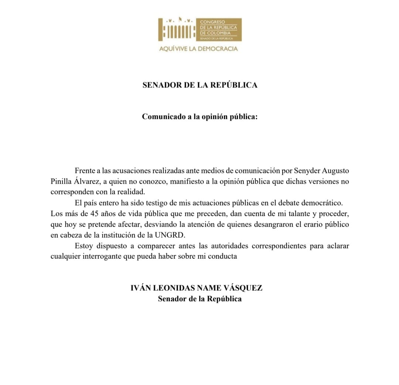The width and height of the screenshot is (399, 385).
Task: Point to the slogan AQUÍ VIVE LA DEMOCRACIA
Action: [198, 49]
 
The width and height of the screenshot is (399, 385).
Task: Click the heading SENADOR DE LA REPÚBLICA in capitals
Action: [200, 85]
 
